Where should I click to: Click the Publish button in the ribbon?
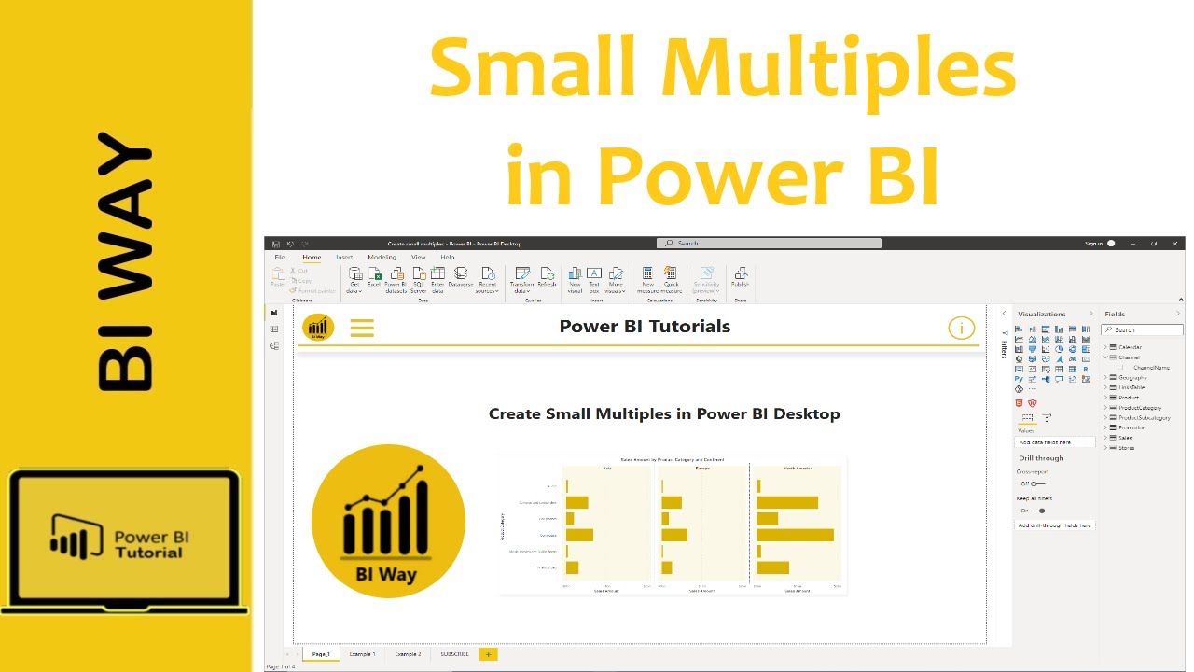click(x=741, y=279)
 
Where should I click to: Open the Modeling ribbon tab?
click(x=382, y=258)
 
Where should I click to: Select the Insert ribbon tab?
click(x=344, y=258)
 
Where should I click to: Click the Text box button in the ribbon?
click(x=594, y=279)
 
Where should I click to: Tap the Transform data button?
click(x=522, y=279)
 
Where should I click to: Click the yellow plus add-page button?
click(x=487, y=654)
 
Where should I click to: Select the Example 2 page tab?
click(x=408, y=654)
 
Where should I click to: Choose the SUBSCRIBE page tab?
click(x=456, y=654)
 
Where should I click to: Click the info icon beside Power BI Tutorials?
click(x=961, y=328)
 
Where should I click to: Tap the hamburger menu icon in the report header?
click(x=362, y=328)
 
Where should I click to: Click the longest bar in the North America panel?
click(x=795, y=535)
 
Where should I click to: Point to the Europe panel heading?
click(x=701, y=468)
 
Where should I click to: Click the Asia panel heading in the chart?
click(x=607, y=468)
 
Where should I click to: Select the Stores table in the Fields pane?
click(x=1127, y=448)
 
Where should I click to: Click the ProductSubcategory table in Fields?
click(x=1144, y=417)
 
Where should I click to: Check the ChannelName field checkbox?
click(x=1120, y=368)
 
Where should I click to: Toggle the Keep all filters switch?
click(x=1038, y=511)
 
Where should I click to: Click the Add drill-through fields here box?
click(x=1054, y=525)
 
